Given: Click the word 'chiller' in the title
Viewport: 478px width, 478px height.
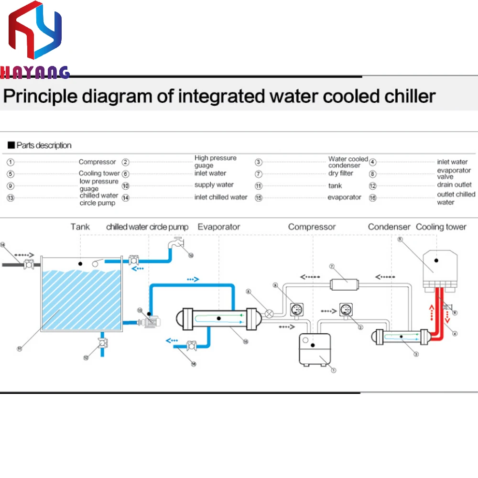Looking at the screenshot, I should [x=410, y=96].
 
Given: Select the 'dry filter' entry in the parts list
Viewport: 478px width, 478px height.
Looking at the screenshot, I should [x=341, y=174].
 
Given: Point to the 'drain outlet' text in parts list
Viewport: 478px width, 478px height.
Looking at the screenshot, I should [x=454, y=185].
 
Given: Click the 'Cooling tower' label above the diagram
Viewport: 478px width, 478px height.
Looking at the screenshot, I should [x=441, y=227].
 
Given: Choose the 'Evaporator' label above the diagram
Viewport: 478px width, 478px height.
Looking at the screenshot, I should [x=219, y=227].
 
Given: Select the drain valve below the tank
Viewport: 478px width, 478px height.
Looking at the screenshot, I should [x=102, y=343].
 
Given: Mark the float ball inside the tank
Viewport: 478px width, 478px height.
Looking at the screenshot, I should [x=98, y=261].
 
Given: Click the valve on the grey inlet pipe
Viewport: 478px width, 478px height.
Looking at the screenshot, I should [x=28, y=263].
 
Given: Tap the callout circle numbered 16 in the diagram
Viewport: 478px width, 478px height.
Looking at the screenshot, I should [x=194, y=363].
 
